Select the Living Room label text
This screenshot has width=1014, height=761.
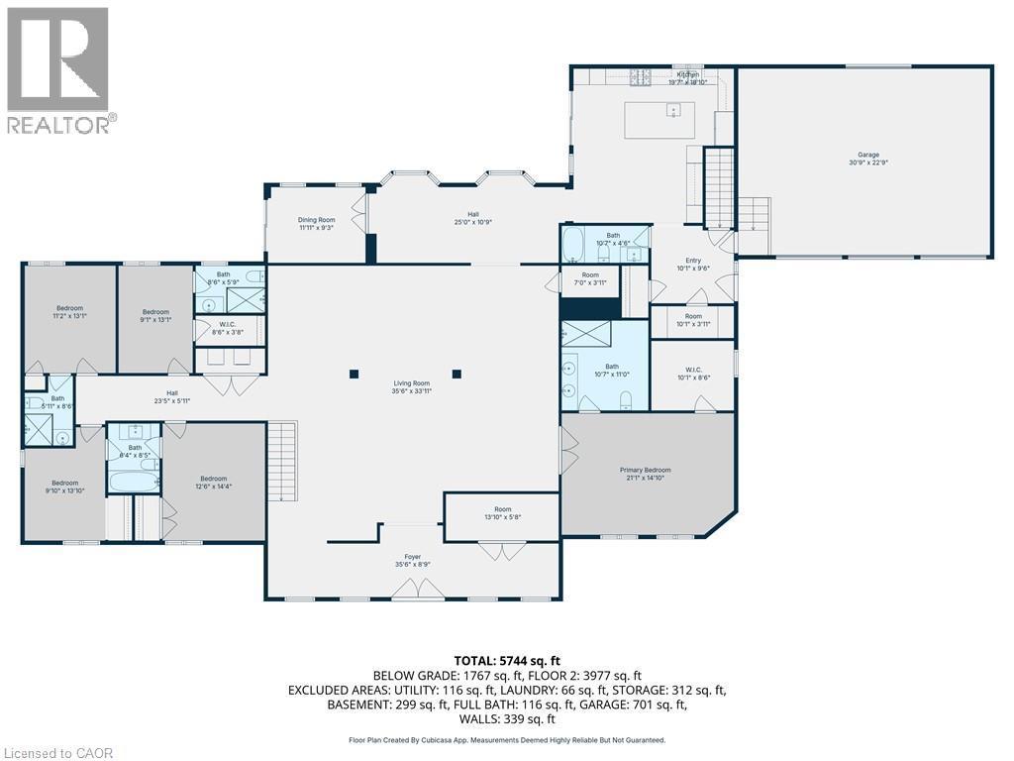tap(412, 387)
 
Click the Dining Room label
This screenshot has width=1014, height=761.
tap(317, 223)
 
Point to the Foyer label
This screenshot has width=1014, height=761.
tap(412, 561)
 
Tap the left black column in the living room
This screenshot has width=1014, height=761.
tap(354, 374)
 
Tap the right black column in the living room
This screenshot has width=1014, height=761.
tap(456, 374)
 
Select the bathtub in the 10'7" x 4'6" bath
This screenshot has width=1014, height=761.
tap(576, 244)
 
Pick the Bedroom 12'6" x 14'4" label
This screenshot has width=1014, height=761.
tap(214, 480)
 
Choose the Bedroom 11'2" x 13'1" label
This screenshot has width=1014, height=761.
tap(69, 312)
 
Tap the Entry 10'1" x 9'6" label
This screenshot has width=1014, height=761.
tap(693, 264)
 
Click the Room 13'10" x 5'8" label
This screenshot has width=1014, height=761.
tap(503, 513)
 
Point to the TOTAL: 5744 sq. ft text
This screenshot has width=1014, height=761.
tap(506, 660)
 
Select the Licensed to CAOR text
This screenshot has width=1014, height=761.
tap(58, 753)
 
